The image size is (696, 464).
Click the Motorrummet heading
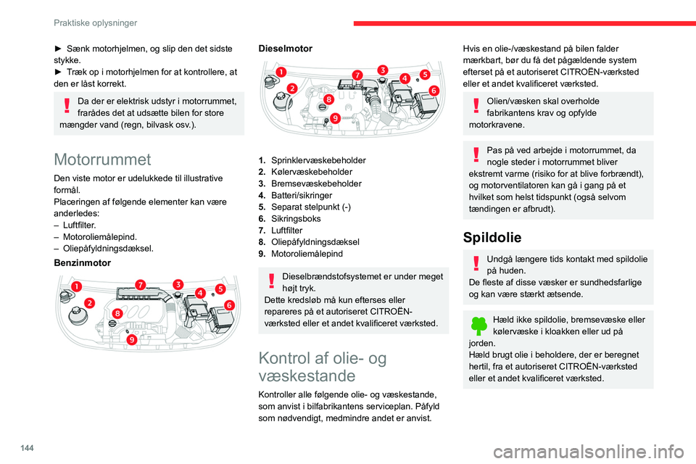tap(102, 159)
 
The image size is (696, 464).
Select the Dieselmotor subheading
tap(286, 49)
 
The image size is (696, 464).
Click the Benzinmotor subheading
tap(83, 262)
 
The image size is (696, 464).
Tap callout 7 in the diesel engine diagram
tap(357, 75)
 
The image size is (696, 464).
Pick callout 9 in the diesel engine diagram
tap(335, 117)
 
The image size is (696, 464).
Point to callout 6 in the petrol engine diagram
tap(230, 305)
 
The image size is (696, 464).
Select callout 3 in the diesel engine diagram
tap(381, 69)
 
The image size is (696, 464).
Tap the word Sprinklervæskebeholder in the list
tap(318, 159)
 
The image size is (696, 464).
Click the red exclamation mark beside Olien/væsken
tap(476, 107)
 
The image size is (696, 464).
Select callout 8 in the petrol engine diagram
tap(117, 312)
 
